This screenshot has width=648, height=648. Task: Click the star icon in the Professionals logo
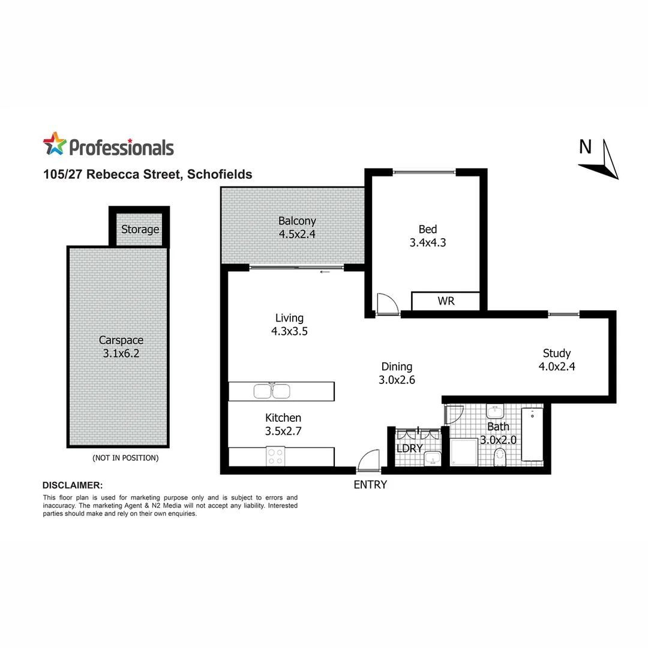[54, 145]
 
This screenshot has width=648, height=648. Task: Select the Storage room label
[140, 229]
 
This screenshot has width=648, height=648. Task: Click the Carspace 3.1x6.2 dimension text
[121, 354]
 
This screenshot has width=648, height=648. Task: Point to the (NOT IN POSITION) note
[125, 458]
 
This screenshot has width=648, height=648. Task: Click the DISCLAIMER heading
[73, 485]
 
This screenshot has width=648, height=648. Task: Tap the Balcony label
[296, 221]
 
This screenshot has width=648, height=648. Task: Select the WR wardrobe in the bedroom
[446, 301]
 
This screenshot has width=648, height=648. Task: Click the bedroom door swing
[385, 304]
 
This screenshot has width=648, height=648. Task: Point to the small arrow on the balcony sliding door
[325, 272]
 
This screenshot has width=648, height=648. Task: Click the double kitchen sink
[272, 391]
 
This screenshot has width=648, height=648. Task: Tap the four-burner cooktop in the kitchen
[275, 457]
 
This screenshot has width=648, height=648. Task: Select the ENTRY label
[370, 485]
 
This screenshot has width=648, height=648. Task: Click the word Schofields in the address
[219, 175]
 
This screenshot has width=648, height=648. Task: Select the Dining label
[397, 367]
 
